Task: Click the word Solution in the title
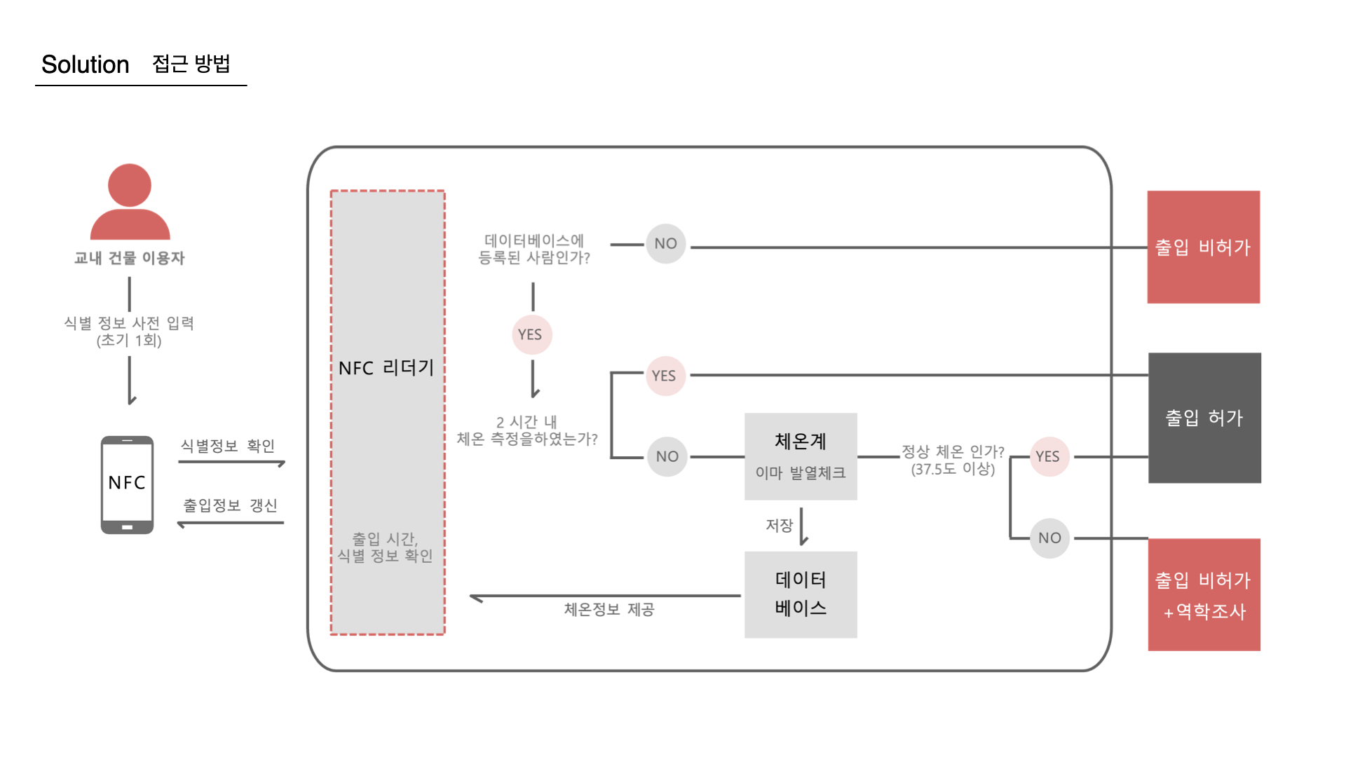(85, 64)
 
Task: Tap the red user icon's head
(130, 185)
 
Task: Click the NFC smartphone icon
(127, 484)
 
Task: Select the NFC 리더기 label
(386, 368)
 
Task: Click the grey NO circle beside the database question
(665, 244)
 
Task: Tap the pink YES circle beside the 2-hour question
(664, 376)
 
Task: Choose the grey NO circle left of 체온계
(667, 456)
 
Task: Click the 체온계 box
(801, 456)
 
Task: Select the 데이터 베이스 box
(801, 594)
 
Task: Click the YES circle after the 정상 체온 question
(1048, 456)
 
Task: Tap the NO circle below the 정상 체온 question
(1049, 538)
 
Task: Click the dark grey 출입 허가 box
(1204, 418)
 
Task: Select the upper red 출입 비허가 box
(1203, 247)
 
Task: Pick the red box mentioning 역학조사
(1204, 594)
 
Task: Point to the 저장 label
(779, 525)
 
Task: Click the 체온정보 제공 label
(609, 610)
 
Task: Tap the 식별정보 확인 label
(228, 446)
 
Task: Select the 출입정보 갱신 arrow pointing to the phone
(231, 523)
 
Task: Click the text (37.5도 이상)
(953, 469)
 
